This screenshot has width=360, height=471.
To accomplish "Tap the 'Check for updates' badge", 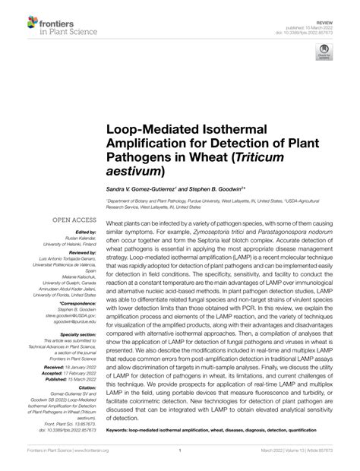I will coord(325,52).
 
